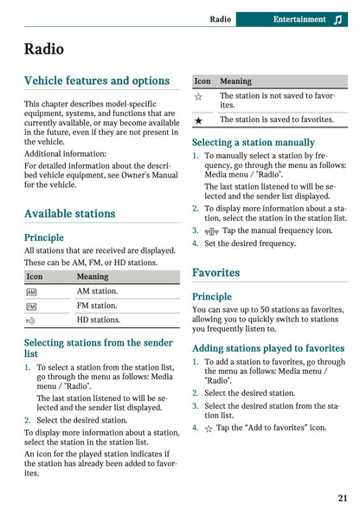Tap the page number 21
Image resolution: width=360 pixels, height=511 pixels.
(343, 497)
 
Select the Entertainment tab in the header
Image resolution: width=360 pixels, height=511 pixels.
(299, 19)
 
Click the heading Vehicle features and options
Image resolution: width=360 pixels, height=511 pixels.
(97, 81)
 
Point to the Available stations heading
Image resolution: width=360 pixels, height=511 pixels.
(69, 213)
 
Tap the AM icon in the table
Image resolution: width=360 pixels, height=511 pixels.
(32, 292)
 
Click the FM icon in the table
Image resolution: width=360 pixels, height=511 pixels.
(32, 306)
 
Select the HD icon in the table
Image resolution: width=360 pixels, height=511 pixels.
(32, 320)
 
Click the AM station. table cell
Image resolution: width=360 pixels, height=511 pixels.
(97, 292)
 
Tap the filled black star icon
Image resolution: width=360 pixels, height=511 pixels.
(199, 120)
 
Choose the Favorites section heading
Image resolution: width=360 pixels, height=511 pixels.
(215, 272)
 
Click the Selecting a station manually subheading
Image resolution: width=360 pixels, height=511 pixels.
(253, 142)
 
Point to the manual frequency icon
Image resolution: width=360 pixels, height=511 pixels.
(210, 231)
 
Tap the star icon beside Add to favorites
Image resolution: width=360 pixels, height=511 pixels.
(209, 428)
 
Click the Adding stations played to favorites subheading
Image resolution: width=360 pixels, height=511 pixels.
(267, 348)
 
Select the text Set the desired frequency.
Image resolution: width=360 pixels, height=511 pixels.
(250, 243)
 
